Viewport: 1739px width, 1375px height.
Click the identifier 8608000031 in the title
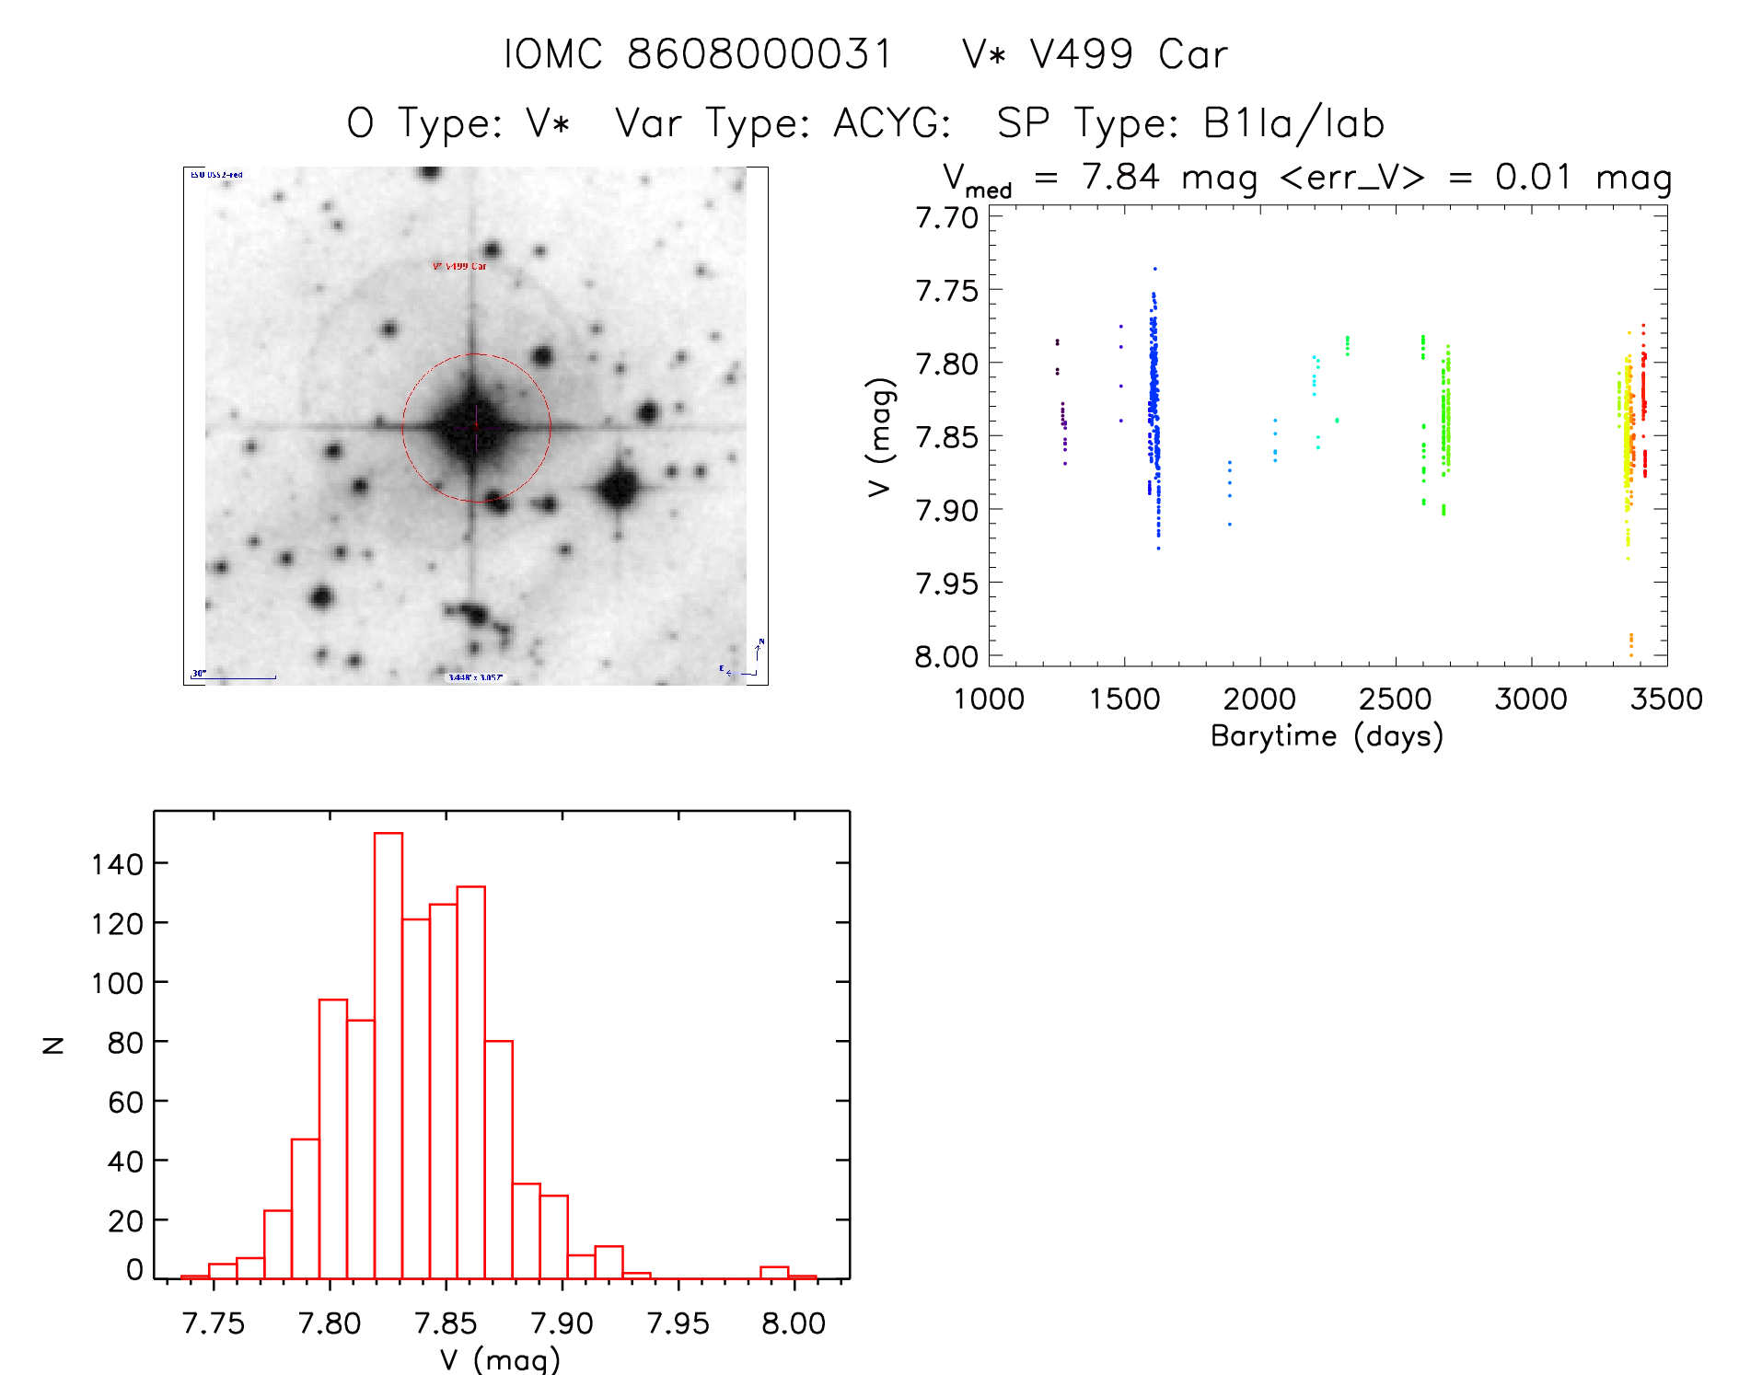coord(759,55)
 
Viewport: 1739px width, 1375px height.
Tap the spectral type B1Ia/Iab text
coord(1293,124)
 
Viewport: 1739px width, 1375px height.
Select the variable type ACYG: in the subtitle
coord(892,124)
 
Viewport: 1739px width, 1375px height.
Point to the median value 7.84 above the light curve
coord(1120,177)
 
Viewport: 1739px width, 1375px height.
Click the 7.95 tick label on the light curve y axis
coord(946,584)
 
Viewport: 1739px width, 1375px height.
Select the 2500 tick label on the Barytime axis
coord(1395,699)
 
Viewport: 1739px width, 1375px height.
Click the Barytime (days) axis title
coord(1327,736)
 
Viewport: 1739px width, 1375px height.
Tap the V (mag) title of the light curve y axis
coord(880,437)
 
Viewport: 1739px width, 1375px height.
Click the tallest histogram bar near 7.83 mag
coord(388,1055)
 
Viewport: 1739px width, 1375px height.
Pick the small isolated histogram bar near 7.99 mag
coord(774,1273)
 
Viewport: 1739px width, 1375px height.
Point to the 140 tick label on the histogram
coord(117,864)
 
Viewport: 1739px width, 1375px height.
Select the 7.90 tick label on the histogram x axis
coord(562,1323)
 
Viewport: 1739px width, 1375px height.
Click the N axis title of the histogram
coord(53,1045)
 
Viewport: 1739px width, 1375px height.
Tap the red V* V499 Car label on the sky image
coord(459,267)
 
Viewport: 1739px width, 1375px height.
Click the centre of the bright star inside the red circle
coord(475,426)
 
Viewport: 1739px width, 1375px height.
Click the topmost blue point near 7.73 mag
coord(1154,269)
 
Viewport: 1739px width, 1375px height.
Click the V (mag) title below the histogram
coord(500,1359)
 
